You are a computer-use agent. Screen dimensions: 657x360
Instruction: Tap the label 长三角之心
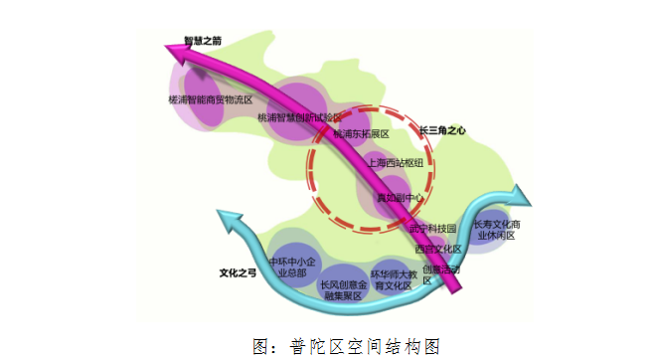click(x=443, y=130)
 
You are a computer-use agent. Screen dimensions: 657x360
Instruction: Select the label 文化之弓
click(x=239, y=270)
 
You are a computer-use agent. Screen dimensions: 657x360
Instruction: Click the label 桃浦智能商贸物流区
click(x=210, y=100)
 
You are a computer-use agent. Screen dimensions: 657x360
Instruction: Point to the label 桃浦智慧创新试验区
click(x=299, y=117)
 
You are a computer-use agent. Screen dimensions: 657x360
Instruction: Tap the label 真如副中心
click(x=399, y=198)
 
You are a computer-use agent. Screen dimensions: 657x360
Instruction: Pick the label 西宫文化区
click(x=438, y=248)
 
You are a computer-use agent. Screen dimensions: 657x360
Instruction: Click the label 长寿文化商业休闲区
click(x=498, y=230)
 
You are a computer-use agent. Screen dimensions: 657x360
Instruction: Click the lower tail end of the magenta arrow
click(x=455, y=289)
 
